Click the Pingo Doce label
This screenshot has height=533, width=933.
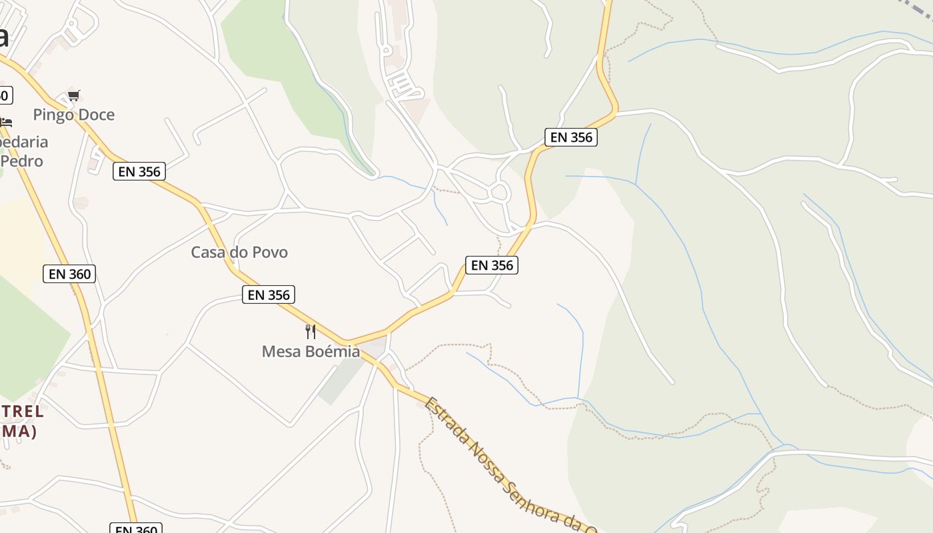tap(73, 115)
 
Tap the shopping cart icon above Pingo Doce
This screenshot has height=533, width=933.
tap(73, 96)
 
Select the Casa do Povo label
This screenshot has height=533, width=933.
tap(239, 253)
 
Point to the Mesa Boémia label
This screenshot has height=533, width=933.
tap(311, 351)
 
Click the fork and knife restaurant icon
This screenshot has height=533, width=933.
tap(310, 331)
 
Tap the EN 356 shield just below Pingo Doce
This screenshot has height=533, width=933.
tap(139, 171)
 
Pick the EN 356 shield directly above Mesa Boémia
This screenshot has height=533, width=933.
tap(269, 294)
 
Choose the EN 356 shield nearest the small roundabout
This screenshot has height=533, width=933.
tap(492, 265)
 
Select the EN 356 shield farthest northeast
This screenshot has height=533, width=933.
tap(570, 137)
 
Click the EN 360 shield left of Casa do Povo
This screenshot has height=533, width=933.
tap(69, 273)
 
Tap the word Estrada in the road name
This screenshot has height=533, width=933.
tap(445, 420)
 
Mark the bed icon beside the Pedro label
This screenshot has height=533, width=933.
tap(6, 123)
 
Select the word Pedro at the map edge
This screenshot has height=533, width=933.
tap(21, 161)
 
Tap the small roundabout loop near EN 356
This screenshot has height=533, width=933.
tap(500, 193)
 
